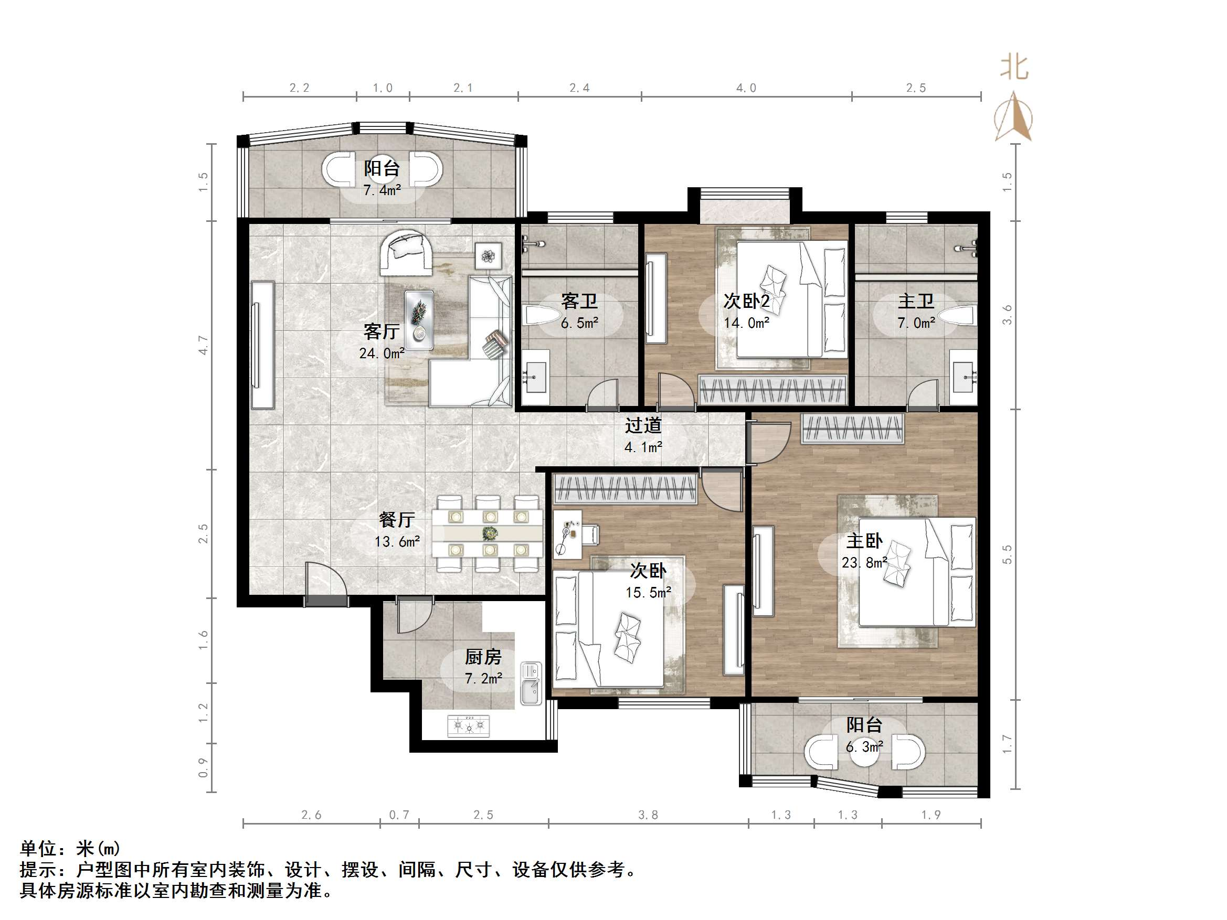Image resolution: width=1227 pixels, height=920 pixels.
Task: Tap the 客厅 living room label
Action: coord(381,331)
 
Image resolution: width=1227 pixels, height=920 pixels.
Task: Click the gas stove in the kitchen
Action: coord(469,725)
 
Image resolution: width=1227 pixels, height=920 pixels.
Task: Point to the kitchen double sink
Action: coord(531,684)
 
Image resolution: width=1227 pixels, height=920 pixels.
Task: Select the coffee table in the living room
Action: coord(419,320)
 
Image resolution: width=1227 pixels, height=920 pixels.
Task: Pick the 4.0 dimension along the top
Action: coord(746,88)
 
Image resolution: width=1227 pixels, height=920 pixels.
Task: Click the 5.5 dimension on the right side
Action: coord(1007,554)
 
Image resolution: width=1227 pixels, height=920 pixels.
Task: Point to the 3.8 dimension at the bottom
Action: coord(648,815)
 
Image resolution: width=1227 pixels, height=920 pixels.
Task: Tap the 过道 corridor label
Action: coord(643,425)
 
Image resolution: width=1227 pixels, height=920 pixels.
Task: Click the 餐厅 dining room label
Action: coord(397,520)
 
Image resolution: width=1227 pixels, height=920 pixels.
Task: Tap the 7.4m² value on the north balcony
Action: coord(382,190)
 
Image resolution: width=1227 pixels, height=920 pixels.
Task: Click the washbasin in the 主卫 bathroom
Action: coord(962,377)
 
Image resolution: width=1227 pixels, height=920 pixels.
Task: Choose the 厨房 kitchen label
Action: coord(483,657)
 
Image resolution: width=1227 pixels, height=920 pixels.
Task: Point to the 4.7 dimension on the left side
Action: coord(204,345)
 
